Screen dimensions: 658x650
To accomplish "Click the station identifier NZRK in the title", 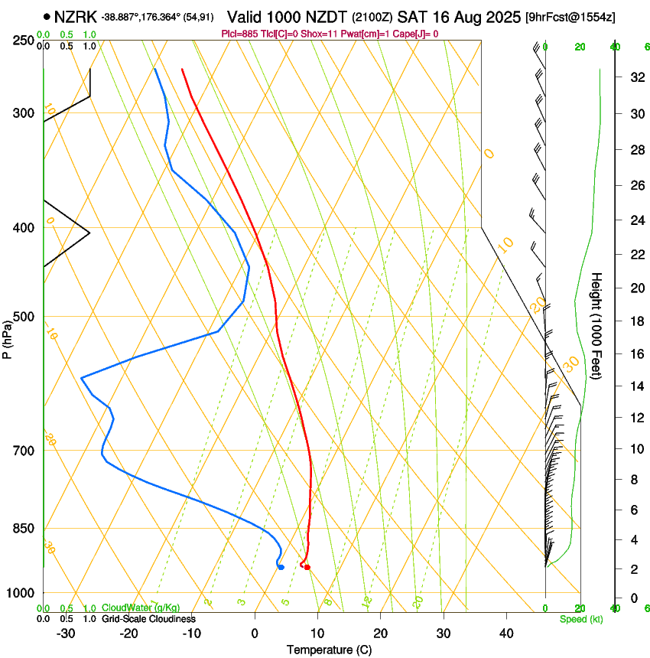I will (76, 16).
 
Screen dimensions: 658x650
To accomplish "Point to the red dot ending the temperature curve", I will (307, 567).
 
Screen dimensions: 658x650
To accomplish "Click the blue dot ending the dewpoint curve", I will (281, 567).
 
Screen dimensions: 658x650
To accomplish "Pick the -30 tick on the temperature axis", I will (66, 634).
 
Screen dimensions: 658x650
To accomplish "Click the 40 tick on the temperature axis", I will (505, 634).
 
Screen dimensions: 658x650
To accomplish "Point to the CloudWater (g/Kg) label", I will (141, 608).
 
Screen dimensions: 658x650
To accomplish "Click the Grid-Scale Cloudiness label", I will (148, 619).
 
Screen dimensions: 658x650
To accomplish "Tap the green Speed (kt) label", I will (580, 619).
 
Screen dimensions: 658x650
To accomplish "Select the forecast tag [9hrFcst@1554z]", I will (570, 17).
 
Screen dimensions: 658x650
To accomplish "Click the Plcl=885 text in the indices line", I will (238, 34).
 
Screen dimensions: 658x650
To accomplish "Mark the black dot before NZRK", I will (47, 16).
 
